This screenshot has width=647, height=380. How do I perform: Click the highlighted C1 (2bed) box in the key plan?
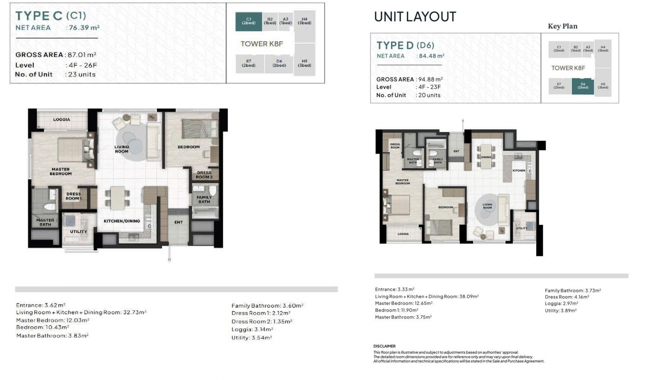point(249,21)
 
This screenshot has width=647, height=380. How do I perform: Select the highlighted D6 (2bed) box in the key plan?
point(583,86)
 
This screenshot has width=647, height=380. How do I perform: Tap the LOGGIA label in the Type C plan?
point(61,119)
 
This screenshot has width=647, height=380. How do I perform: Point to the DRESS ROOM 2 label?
point(204,175)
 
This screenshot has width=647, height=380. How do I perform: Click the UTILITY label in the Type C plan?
point(78,232)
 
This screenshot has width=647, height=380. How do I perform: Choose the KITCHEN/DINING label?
point(122,221)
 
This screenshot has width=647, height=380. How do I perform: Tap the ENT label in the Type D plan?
point(457,151)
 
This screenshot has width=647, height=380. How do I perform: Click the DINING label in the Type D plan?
point(486,157)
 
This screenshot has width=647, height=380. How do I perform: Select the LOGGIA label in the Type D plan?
point(403,234)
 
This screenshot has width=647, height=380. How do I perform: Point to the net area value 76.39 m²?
point(84,28)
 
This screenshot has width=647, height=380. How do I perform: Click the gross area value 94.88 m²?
point(430,79)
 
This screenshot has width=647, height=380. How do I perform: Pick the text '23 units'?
point(82,74)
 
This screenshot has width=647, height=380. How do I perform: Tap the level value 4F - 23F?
point(429,87)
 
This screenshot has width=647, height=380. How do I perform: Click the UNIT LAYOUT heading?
point(415,17)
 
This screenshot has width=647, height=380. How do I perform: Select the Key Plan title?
point(562,26)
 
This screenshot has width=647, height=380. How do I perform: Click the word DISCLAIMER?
point(385,346)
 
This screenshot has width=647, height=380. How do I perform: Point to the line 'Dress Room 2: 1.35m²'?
point(262,321)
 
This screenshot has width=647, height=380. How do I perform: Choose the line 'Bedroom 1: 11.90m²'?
point(397,310)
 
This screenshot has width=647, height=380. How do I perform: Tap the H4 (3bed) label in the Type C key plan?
point(304,21)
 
